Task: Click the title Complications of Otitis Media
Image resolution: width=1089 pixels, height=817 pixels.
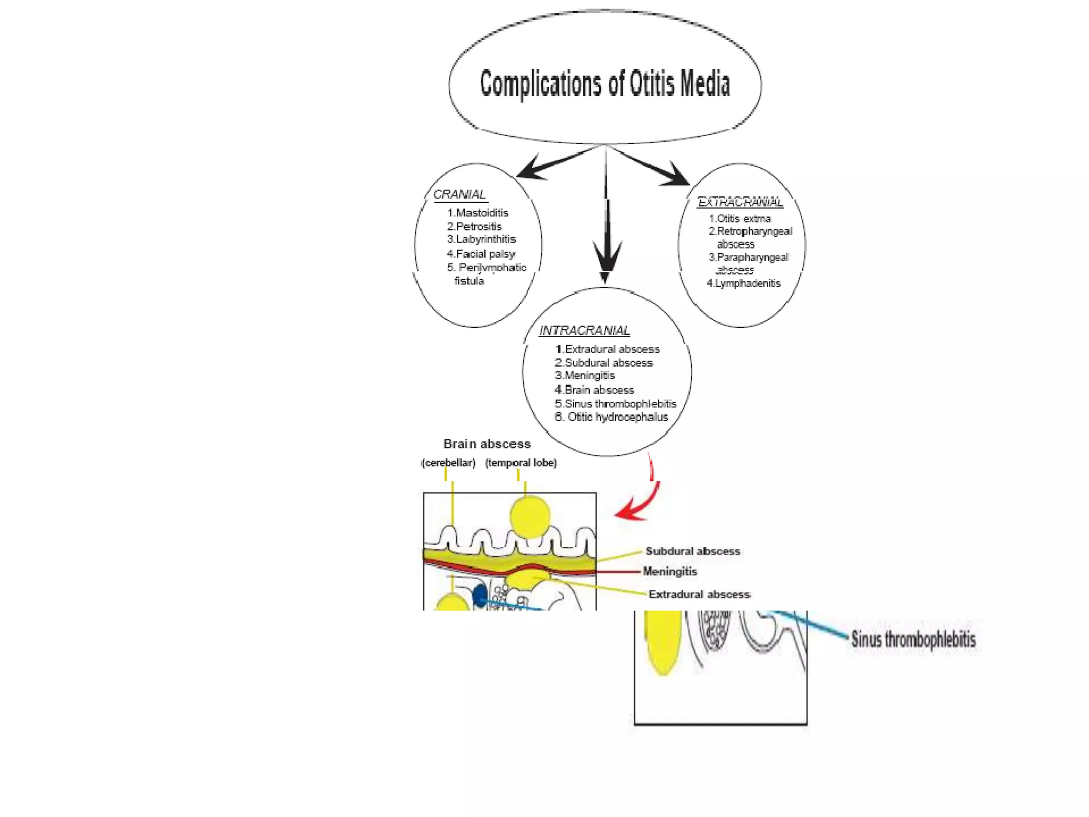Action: tap(605, 84)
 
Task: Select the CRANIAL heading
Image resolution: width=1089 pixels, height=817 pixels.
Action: tap(459, 195)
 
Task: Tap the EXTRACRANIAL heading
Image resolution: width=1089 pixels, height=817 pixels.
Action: tap(740, 202)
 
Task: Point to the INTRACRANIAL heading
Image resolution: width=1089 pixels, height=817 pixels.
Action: tap(584, 331)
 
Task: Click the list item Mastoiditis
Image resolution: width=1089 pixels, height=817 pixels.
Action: tap(478, 213)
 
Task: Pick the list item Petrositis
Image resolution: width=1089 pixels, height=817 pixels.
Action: tap(474, 227)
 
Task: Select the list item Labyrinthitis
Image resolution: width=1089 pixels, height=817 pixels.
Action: tap(481, 239)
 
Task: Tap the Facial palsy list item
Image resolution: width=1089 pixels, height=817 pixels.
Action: tap(481, 254)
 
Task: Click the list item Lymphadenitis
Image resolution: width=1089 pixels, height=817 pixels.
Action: tap(743, 284)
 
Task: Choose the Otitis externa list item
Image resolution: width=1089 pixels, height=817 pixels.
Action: tap(740, 219)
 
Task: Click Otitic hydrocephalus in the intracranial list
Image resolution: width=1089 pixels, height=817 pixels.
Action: tap(611, 417)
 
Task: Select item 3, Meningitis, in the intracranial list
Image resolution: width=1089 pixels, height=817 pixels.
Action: tap(585, 376)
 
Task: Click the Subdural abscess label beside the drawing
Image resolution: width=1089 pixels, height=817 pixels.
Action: tap(692, 551)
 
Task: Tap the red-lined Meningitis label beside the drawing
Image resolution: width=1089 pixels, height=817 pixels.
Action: tap(669, 571)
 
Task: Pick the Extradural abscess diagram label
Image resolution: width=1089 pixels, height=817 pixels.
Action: tap(699, 594)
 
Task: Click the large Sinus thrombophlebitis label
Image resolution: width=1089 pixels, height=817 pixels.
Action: tap(913, 639)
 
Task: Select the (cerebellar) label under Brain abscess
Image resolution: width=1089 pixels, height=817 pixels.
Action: tap(448, 463)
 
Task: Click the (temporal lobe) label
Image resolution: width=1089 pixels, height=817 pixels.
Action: tap(521, 463)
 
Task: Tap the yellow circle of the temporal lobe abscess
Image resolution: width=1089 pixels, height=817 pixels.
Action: tap(530, 516)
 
